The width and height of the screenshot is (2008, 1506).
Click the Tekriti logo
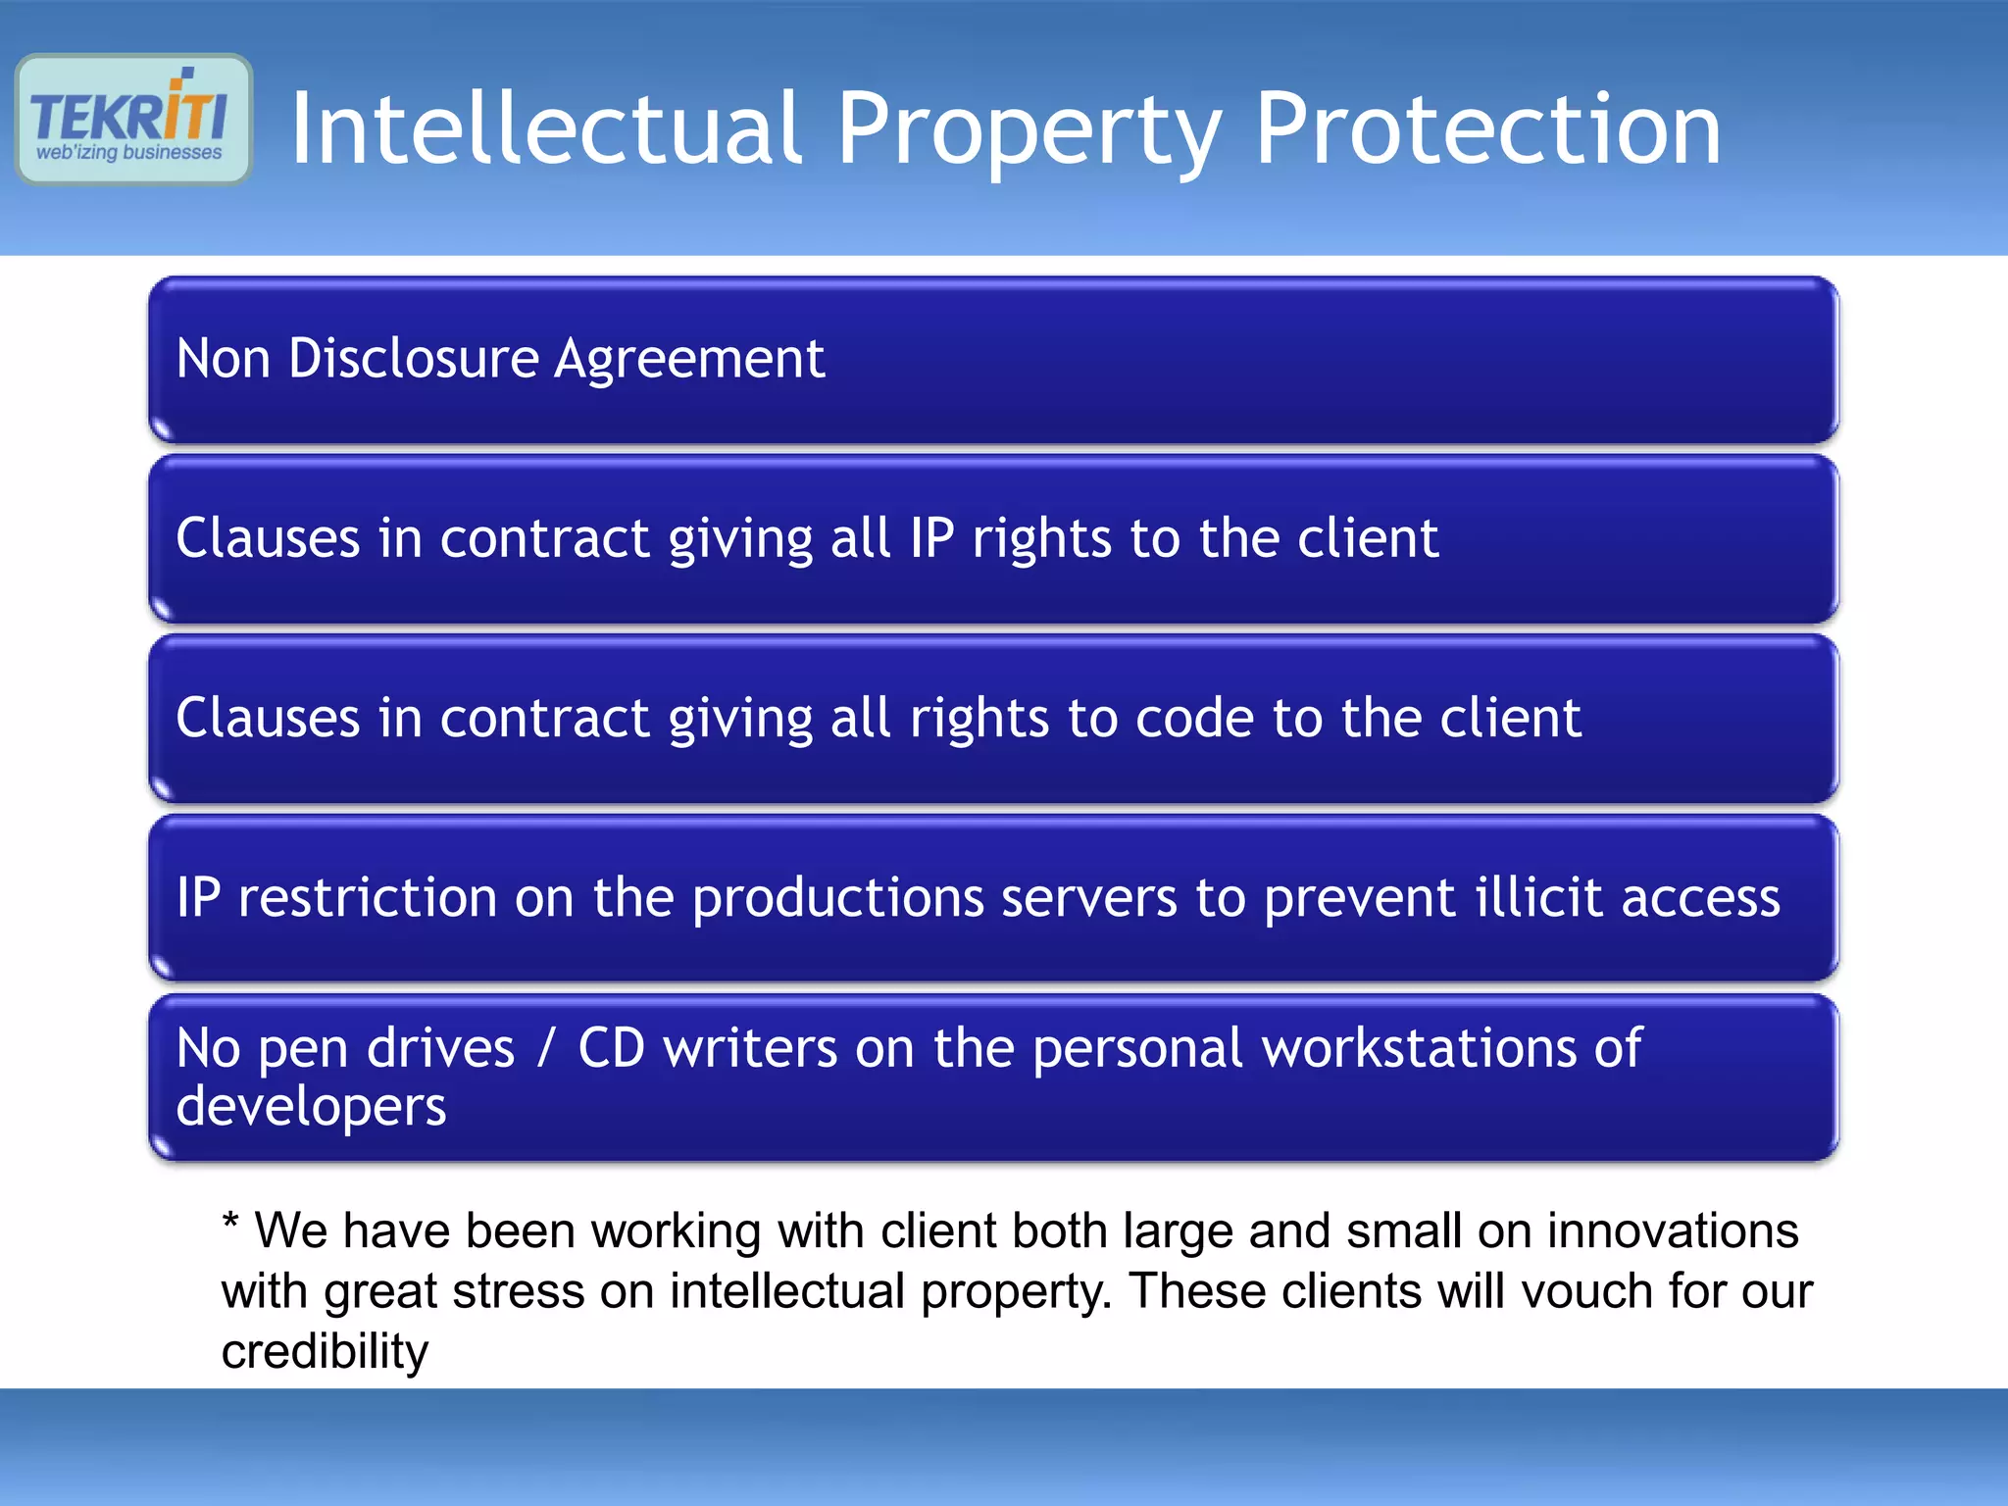[133, 119]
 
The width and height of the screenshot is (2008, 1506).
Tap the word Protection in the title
[1487, 128]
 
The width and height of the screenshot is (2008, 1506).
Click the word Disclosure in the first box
[413, 358]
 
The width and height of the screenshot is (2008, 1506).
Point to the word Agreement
[689, 360]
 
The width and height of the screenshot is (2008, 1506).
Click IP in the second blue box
[931, 538]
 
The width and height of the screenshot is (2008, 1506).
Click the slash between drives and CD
[546, 1048]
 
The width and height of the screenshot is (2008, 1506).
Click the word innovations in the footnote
[1673, 1230]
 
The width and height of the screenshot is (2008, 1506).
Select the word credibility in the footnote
[325, 1351]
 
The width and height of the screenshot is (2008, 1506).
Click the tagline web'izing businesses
[129, 153]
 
